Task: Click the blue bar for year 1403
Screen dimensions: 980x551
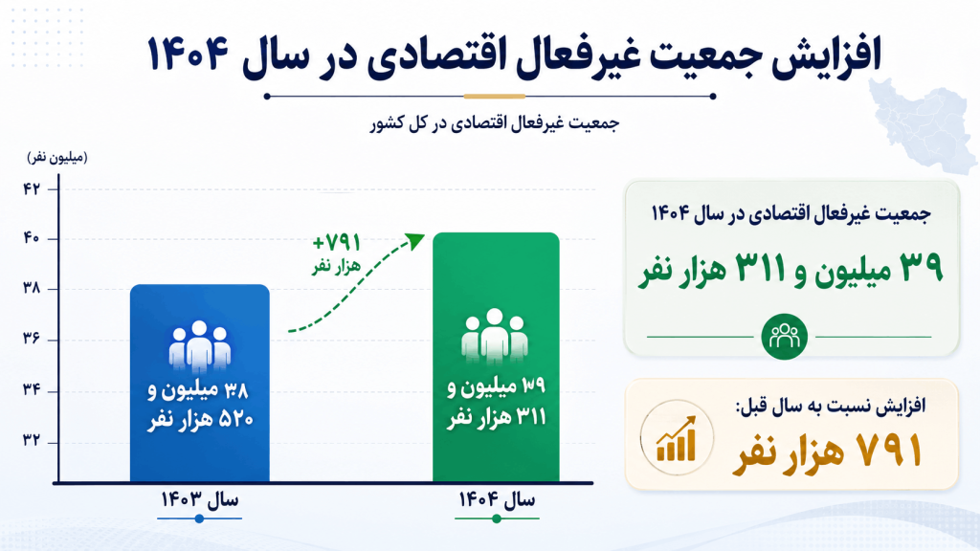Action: [200, 383]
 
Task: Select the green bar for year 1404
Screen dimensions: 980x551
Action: [496, 357]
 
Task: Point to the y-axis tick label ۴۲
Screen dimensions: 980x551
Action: [32, 188]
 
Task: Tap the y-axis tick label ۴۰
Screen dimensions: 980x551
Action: [32, 238]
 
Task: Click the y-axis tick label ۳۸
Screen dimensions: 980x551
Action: [32, 288]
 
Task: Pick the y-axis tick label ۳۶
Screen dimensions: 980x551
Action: [32, 339]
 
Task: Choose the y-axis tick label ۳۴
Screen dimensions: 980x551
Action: [32, 390]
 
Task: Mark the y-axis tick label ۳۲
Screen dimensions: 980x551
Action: [32, 440]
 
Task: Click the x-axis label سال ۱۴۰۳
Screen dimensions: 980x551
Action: [199, 499]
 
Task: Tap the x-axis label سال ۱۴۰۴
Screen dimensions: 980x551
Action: [497, 499]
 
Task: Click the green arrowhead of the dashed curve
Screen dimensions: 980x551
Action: [415, 240]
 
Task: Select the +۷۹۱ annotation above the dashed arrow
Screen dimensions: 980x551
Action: [337, 242]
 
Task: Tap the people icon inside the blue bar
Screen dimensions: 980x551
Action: [199, 344]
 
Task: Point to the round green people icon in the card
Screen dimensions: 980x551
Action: [785, 337]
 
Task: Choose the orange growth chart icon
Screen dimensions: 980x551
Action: [677, 438]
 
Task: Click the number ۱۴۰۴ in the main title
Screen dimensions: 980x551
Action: [188, 54]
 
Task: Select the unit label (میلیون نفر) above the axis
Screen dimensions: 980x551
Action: [57, 158]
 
